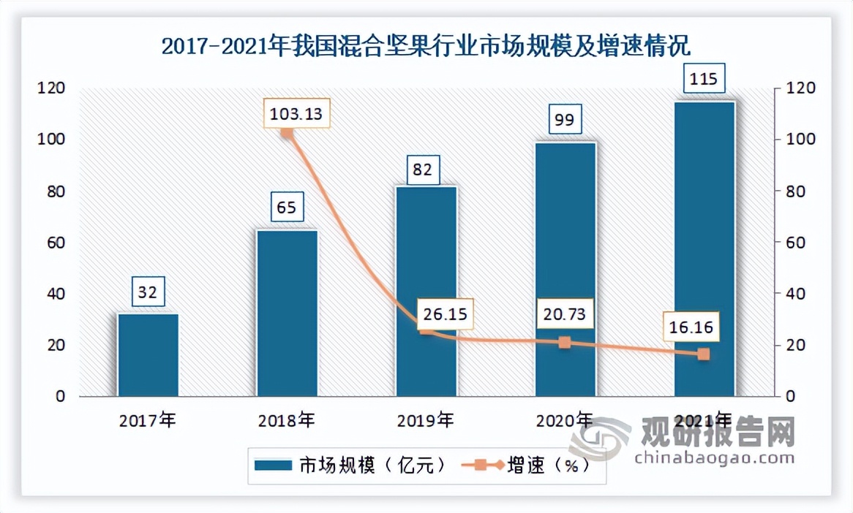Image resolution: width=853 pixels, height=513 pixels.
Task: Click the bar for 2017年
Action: pyautogui.click(x=149, y=355)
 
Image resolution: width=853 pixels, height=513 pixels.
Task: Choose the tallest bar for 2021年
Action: pyautogui.click(x=704, y=248)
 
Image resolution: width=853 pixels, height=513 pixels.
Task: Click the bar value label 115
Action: pyautogui.click(x=704, y=77)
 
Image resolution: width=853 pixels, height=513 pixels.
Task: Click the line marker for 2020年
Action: pyautogui.click(x=564, y=342)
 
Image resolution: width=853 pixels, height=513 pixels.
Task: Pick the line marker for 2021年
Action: pyautogui.click(x=704, y=354)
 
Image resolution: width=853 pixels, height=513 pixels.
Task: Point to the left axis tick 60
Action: pyautogui.click(x=56, y=243)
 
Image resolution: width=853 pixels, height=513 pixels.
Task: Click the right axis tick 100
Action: pyautogui.click(x=797, y=140)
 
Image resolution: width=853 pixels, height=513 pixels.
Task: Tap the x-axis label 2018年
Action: pyautogui.click(x=287, y=421)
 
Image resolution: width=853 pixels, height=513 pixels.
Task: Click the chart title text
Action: pyautogui.click(x=426, y=47)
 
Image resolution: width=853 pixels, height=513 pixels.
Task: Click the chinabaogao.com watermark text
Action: pyautogui.click(x=715, y=459)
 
